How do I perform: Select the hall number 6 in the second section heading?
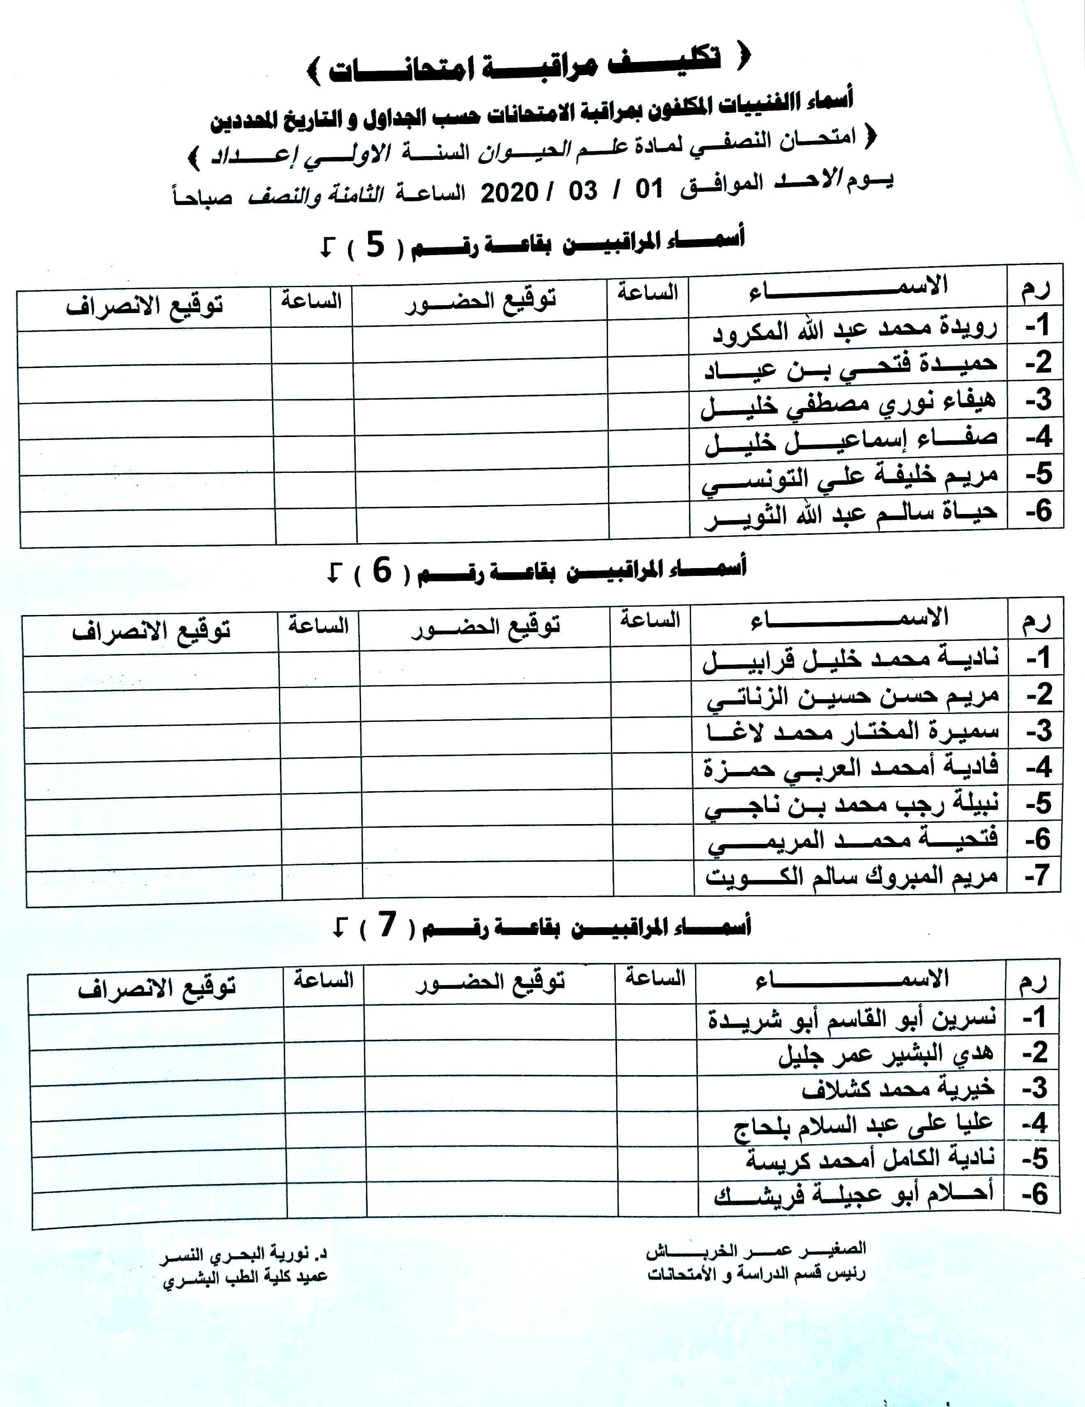point(382,571)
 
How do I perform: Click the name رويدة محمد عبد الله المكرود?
point(855,330)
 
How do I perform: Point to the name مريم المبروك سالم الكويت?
point(852,877)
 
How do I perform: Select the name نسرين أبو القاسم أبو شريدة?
point(852,1018)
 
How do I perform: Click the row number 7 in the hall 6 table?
point(1038,875)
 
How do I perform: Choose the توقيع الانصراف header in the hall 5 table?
point(144,305)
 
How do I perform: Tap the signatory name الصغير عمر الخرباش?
point(756,1250)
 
